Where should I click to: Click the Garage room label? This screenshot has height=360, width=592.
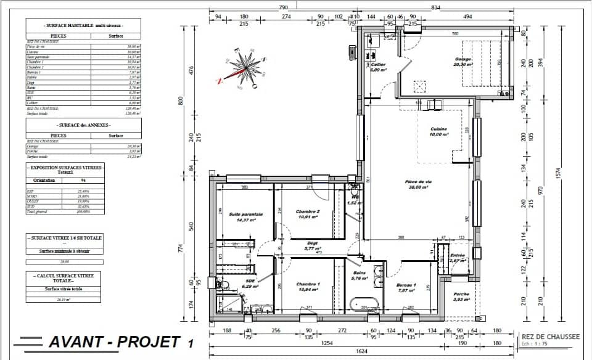click(x=462, y=60)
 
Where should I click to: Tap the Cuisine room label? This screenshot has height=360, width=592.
click(x=439, y=129)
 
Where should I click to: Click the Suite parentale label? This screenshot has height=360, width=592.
click(x=245, y=214)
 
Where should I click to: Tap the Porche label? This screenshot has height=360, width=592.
click(x=462, y=295)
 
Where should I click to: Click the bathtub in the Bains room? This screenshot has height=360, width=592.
click(x=364, y=304)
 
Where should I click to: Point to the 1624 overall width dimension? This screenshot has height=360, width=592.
click(x=362, y=350)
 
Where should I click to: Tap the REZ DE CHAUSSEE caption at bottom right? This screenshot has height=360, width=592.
click(x=550, y=337)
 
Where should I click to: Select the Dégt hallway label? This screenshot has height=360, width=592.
click(x=313, y=243)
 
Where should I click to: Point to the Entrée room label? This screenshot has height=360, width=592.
click(x=458, y=255)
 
